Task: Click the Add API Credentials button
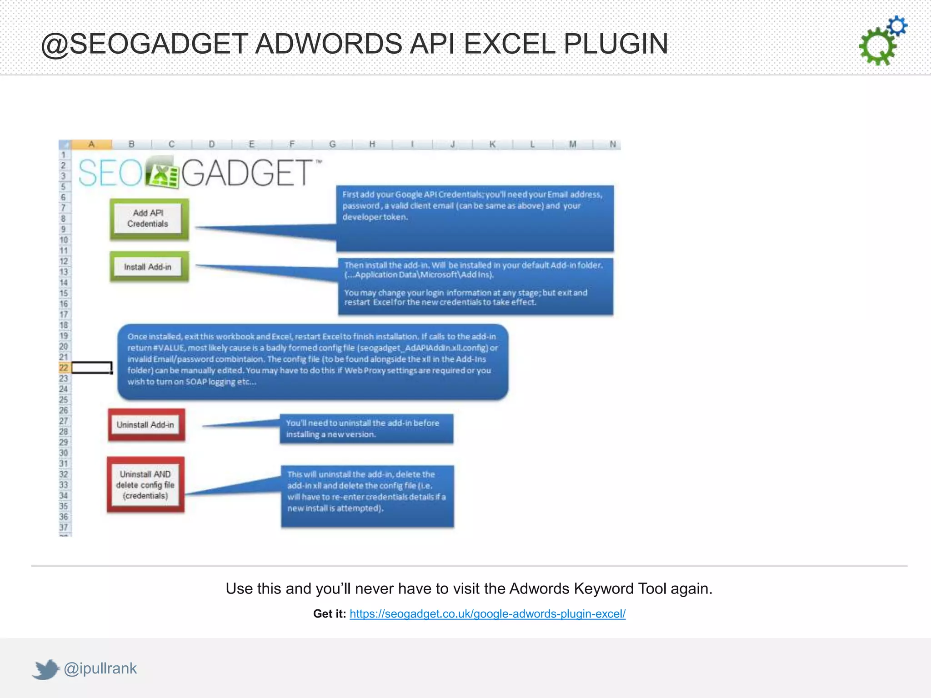(x=148, y=219)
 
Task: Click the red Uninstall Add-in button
(x=146, y=425)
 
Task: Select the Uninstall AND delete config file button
(x=145, y=485)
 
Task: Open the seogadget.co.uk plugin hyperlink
(x=487, y=614)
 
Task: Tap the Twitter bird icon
(x=45, y=669)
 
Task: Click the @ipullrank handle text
(x=100, y=668)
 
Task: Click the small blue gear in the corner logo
(x=897, y=26)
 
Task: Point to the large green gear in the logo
(x=877, y=47)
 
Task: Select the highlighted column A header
(x=91, y=145)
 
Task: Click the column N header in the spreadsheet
(x=612, y=145)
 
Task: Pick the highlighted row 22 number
(x=64, y=368)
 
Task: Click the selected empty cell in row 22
(x=92, y=368)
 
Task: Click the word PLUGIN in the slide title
(x=616, y=44)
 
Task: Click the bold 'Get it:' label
(x=330, y=614)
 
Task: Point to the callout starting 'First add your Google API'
(x=475, y=218)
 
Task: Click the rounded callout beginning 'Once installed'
(x=313, y=362)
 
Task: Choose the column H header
(x=372, y=145)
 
